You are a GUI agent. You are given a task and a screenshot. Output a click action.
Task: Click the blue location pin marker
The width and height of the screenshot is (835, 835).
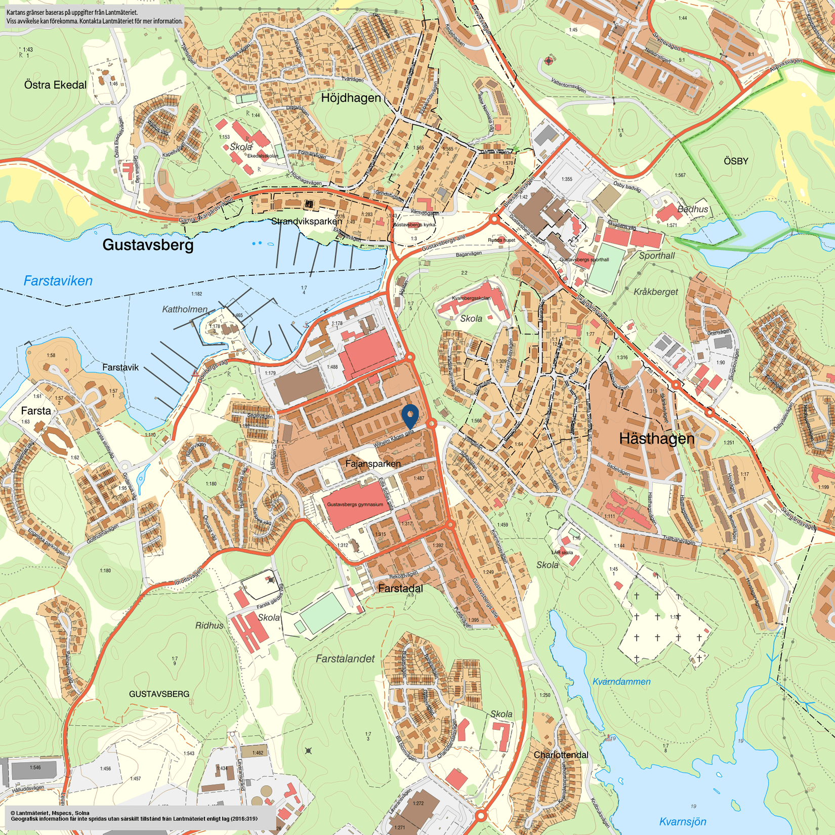click(x=410, y=415)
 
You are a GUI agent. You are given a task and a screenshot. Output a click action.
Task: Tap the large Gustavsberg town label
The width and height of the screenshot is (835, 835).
click(x=148, y=245)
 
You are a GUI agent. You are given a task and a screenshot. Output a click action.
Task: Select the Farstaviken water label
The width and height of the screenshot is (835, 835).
click(x=58, y=281)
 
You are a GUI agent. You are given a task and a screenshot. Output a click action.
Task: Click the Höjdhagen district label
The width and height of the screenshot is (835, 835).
click(x=351, y=98)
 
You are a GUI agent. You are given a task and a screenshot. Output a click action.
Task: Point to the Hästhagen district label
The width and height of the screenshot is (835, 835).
click(x=656, y=439)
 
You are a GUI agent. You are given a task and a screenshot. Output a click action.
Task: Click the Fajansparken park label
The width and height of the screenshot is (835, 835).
click(x=373, y=464)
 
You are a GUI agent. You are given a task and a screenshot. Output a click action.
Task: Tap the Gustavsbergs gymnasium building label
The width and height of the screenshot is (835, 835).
click(x=355, y=505)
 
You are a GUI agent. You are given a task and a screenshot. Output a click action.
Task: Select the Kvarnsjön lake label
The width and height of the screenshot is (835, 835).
click(x=682, y=821)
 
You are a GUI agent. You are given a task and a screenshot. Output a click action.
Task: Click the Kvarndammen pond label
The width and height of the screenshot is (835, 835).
click(x=621, y=682)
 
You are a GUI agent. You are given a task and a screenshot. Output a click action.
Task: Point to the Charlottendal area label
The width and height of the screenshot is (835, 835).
click(x=561, y=755)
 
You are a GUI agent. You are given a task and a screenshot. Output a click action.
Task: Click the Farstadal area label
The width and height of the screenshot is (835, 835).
click(x=400, y=589)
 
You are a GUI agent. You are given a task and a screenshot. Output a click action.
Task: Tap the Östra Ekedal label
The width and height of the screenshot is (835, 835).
click(x=55, y=85)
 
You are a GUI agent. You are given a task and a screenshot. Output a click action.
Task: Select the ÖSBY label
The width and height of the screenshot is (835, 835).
click(x=735, y=161)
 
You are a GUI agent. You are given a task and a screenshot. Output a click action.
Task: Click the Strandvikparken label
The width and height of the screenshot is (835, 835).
click(x=307, y=221)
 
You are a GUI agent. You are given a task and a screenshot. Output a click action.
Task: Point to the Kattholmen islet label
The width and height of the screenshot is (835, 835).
click(x=185, y=309)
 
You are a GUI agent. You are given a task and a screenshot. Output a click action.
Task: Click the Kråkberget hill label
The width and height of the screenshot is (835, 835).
click(x=655, y=292)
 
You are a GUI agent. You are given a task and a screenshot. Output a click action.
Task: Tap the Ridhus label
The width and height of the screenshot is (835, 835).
click(x=209, y=625)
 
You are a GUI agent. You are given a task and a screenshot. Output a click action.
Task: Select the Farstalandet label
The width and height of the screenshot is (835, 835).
click(x=345, y=659)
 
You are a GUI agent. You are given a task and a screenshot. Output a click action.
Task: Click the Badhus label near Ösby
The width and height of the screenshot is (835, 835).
click(x=692, y=209)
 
